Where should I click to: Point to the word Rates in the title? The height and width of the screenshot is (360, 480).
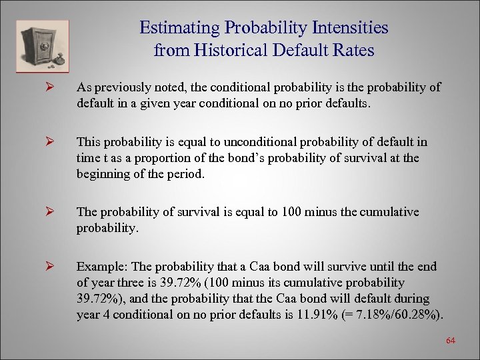click(x=353, y=49)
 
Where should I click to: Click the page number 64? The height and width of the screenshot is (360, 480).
click(x=450, y=341)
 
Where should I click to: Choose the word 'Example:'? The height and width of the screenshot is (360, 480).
click(x=99, y=267)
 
